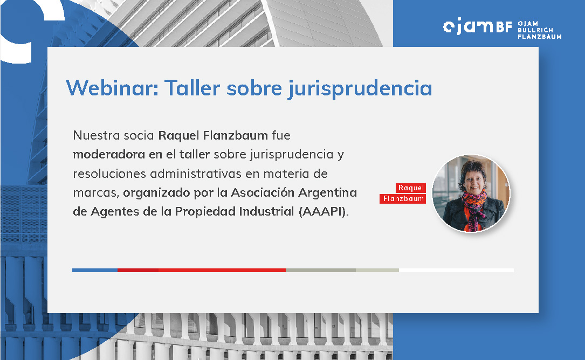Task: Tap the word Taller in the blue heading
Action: [192, 88]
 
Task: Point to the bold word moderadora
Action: [109, 155]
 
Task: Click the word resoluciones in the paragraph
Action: [109, 174]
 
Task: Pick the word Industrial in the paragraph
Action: [266, 211]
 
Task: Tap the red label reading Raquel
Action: [411, 188]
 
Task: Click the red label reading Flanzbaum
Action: [403, 199]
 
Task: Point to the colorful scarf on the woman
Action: [474, 207]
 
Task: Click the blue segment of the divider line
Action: [95, 270]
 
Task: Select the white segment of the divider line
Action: [456, 270]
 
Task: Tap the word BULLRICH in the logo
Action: [535, 30]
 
